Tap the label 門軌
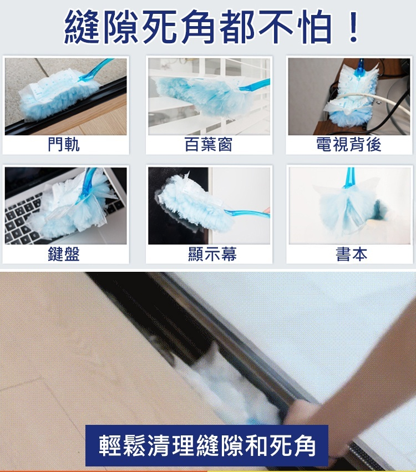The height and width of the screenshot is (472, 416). click(x=64, y=145)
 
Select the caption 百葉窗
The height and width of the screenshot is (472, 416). click(x=208, y=145)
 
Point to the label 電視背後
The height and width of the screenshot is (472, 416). click(x=348, y=145)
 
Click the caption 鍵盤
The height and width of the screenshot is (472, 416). click(x=64, y=255)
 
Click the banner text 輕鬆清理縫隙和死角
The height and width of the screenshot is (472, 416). click(x=207, y=445)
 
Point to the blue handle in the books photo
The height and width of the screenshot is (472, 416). click(x=349, y=177)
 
